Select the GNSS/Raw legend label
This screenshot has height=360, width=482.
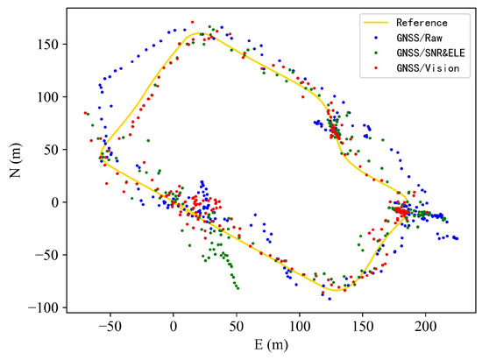pyautogui.click(x=420, y=38)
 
